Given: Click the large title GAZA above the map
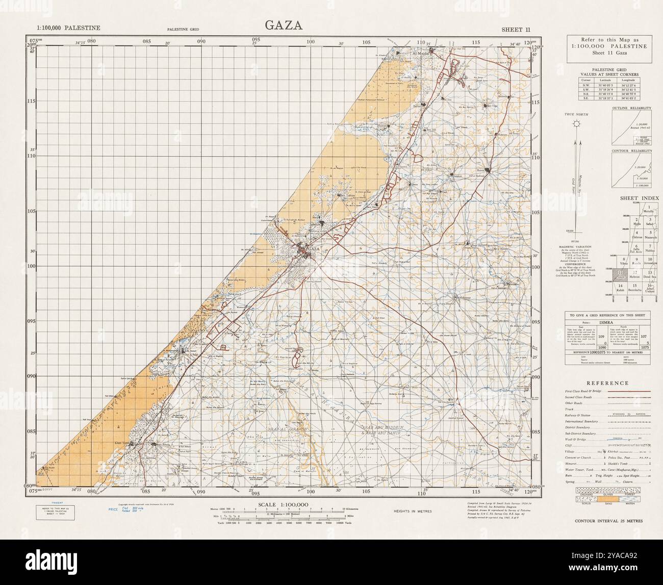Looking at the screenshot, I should [x=284, y=26].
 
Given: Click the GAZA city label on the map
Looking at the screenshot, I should [x=313, y=249].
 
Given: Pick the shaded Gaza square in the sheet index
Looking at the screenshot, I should [x=621, y=275].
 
